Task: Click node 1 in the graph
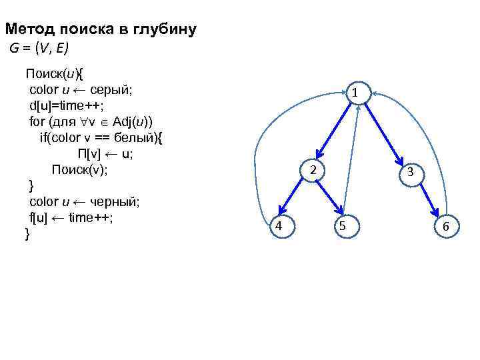357,93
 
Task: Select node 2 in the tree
311,170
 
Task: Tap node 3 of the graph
411,172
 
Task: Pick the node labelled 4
279,226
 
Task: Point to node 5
341,227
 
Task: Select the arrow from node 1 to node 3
384,132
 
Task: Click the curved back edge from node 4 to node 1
267,153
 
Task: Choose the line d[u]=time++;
67,105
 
